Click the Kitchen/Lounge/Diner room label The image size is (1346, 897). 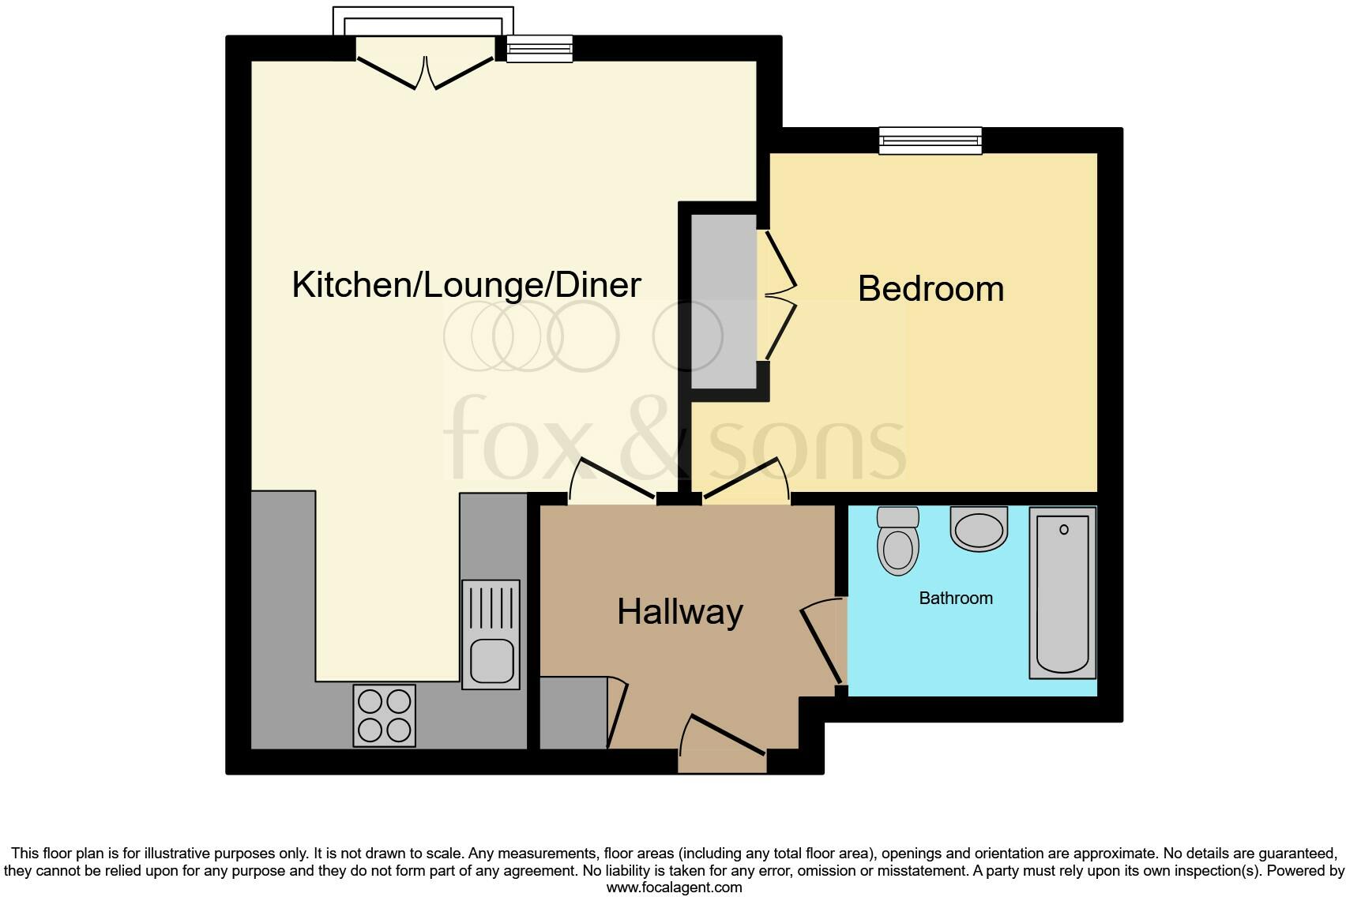[466, 285]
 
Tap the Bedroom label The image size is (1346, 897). [931, 289]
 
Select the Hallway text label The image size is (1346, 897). [680, 612]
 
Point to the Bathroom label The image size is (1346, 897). [956, 598]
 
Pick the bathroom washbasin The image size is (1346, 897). [979, 530]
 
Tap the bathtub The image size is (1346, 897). [1062, 593]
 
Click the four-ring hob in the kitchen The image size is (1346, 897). [384, 715]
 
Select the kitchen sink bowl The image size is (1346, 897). [491, 660]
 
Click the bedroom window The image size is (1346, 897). [931, 141]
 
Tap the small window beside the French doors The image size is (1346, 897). [539, 49]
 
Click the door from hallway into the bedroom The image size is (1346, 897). [746, 479]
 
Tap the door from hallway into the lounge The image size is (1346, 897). [616, 478]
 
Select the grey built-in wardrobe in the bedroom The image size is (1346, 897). [724, 302]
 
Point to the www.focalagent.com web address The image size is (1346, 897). [674, 887]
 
